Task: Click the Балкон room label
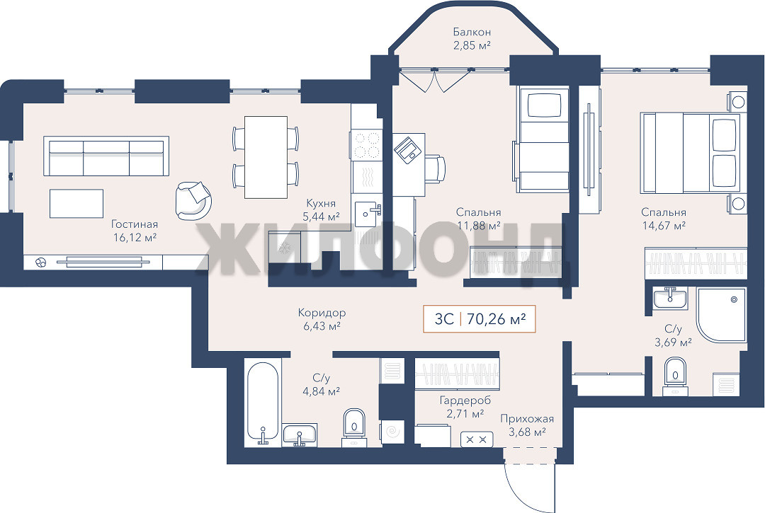pyautogui.click(x=472, y=32)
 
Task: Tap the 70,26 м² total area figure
pyautogui.click(x=496, y=319)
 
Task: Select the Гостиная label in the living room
pyautogui.click(x=135, y=224)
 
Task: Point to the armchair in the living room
pyautogui.click(x=193, y=200)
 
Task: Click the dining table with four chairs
pyautogui.click(x=266, y=157)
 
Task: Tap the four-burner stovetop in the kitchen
pyautogui.click(x=366, y=145)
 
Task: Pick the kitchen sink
pyautogui.click(x=368, y=214)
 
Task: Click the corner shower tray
pyautogui.click(x=721, y=315)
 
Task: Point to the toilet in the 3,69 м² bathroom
pyautogui.click(x=675, y=375)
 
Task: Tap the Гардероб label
pyautogui.click(x=465, y=400)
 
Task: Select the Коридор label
pyautogui.click(x=322, y=313)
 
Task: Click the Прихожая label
pyautogui.click(x=527, y=419)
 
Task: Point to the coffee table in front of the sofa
pyautogui.click(x=76, y=204)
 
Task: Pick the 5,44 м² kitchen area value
pyautogui.click(x=321, y=217)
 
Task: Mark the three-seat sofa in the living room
pyautogui.click(x=106, y=156)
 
